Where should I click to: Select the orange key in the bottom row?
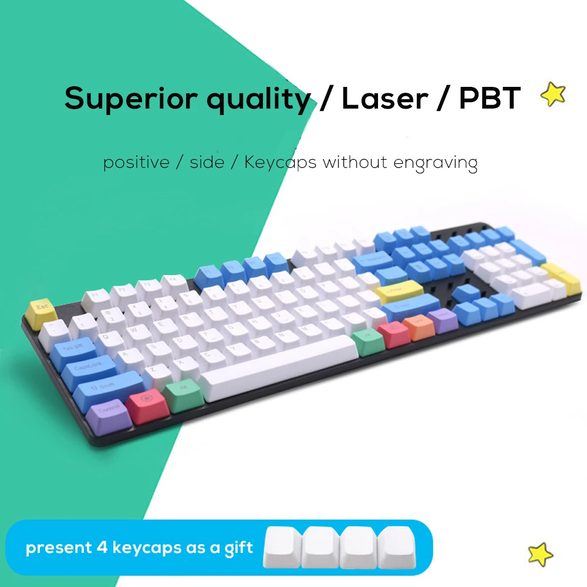tap(418, 325)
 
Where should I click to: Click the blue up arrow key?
tap(467, 291)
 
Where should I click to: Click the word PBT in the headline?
tap(490, 99)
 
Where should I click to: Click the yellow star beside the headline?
tap(554, 94)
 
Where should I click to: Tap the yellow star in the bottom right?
tap(541, 554)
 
